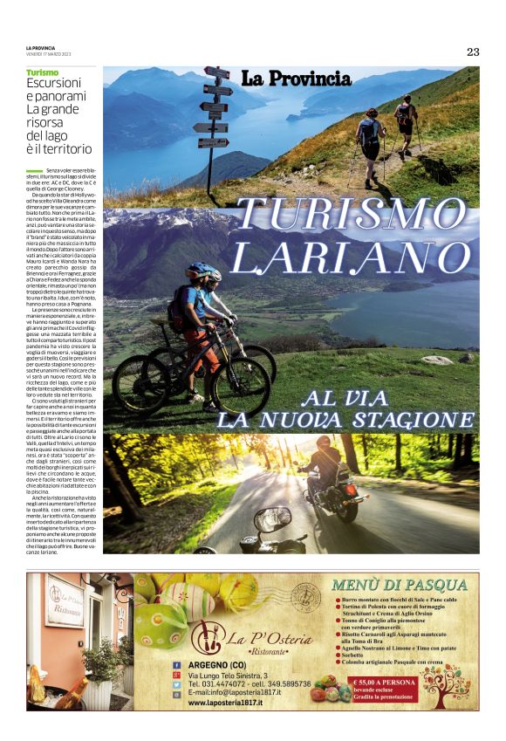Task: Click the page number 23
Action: click(x=472, y=51)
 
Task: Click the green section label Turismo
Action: click(x=43, y=72)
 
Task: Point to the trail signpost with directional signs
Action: click(x=212, y=113)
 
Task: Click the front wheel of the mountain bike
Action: click(x=240, y=385)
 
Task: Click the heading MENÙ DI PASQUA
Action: click(x=400, y=585)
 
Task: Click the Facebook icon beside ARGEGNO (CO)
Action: click(x=176, y=665)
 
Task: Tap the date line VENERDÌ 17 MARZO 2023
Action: click(x=49, y=54)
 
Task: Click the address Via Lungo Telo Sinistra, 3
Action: click(x=228, y=675)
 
